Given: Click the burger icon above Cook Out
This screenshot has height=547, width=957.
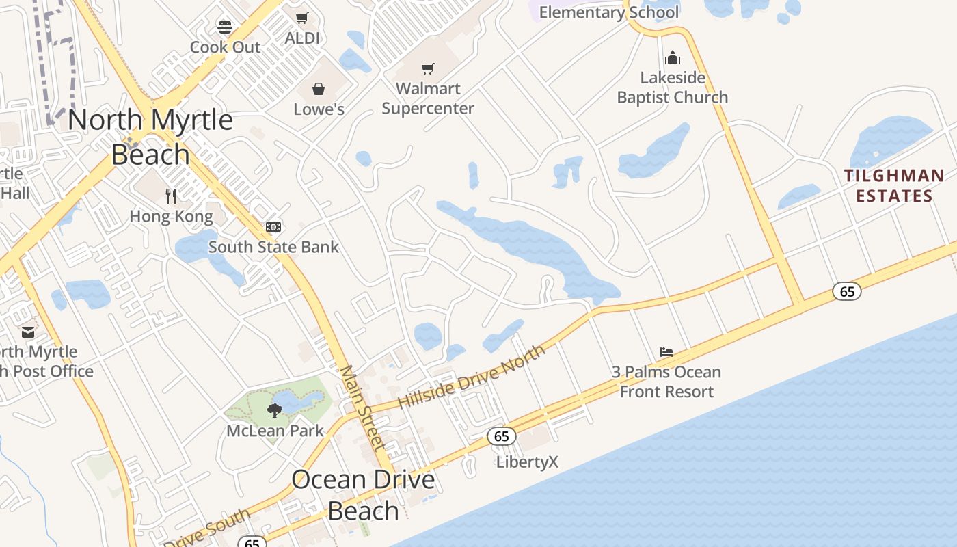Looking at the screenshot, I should click(x=225, y=27).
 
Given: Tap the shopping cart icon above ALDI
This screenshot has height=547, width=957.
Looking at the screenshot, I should click(x=301, y=18).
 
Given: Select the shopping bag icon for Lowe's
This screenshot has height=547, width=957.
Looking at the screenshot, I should click(x=319, y=89).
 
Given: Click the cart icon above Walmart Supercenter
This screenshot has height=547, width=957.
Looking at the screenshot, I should click(x=428, y=68).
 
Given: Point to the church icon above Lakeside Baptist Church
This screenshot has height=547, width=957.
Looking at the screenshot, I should click(x=673, y=57).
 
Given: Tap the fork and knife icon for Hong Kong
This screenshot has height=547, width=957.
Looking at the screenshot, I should click(x=171, y=196).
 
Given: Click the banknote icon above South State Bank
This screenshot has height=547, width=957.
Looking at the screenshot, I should click(x=273, y=227).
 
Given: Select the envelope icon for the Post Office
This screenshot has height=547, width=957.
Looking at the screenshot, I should click(x=28, y=332).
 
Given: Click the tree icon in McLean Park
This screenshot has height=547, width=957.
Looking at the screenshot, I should click(x=274, y=410).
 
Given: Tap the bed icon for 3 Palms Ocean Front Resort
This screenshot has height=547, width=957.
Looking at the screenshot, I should click(x=666, y=352).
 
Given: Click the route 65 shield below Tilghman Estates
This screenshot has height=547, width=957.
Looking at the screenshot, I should click(x=847, y=292).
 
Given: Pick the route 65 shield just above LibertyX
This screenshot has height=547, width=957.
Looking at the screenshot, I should click(x=501, y=436).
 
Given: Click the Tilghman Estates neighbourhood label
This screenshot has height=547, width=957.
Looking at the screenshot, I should click(x=894, y=185).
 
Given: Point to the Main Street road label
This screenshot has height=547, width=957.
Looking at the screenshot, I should click(x=363, y=408).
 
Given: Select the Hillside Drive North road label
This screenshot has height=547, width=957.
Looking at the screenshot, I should click(x=472, y=376).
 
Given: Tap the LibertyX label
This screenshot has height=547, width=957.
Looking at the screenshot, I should click(x=527, y=462).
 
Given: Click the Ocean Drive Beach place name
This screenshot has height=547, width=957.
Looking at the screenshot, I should click(x=363, y=494).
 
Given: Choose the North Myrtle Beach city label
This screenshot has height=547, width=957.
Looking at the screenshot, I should click(x=150, y=137).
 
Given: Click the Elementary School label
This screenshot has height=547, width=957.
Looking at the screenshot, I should click(x=609, y=12).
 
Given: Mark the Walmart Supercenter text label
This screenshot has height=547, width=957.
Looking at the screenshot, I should click(x=428, y=98).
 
